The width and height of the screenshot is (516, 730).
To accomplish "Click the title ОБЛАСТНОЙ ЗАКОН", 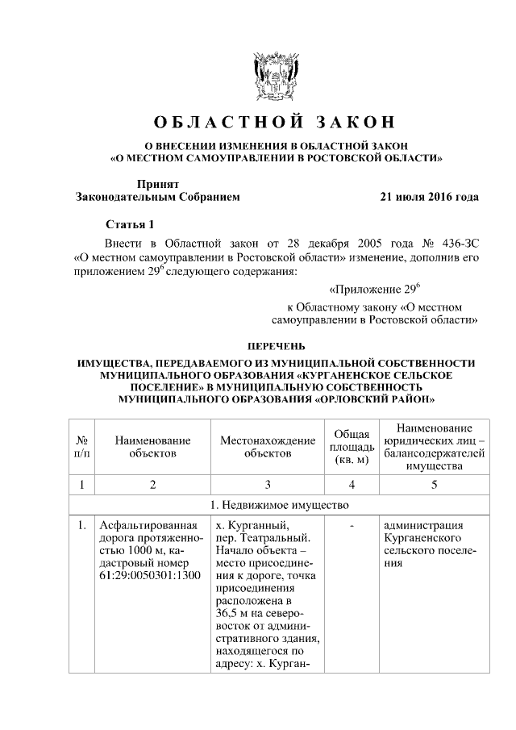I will tap(276, 123).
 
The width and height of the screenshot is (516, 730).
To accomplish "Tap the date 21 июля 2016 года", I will tap(429, 196).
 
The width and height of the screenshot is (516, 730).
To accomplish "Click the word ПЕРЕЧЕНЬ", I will tap(276, 345).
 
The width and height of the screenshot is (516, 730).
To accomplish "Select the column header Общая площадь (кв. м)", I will tap(352, 447).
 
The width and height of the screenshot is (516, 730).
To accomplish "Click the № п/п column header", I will tap(81, 447).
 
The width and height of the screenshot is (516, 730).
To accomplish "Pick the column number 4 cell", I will tap(352, 485).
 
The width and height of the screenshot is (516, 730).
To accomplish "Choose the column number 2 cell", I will tap(152, 485).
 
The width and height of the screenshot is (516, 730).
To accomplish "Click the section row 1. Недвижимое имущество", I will tap(276, 506).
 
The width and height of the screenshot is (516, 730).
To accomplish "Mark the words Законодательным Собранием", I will tap(157, 196).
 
